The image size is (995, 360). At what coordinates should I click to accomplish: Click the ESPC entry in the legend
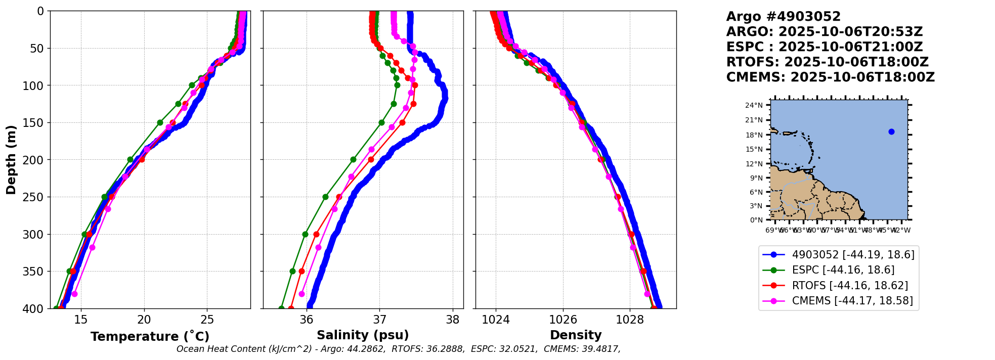point(843,270)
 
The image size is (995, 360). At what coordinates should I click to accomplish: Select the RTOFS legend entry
point(850,286)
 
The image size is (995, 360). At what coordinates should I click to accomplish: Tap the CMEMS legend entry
point(852,301)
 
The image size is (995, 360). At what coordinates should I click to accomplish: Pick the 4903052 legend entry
point(853,255)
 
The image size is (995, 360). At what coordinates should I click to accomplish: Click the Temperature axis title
point(150,337)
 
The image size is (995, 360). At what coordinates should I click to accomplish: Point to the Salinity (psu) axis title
point(363,335)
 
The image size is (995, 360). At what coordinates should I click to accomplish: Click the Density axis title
point(576,335)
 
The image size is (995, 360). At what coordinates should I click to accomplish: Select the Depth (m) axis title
point(11,160)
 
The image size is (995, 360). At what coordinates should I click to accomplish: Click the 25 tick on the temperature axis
point(207,320)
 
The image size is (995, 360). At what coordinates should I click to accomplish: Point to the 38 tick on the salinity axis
point(453,320)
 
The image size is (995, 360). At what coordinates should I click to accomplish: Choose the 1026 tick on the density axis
point(563,320)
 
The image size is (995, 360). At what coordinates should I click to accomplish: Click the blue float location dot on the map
point(891,132)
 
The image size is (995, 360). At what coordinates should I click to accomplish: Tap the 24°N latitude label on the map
point(754,105)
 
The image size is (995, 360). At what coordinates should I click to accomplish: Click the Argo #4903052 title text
point(783,17)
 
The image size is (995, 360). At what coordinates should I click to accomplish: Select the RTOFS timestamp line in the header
point(827,62)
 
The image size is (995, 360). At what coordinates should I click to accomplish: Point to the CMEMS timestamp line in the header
point(830,77)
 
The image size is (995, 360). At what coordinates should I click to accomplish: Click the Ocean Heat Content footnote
point(398,349)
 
